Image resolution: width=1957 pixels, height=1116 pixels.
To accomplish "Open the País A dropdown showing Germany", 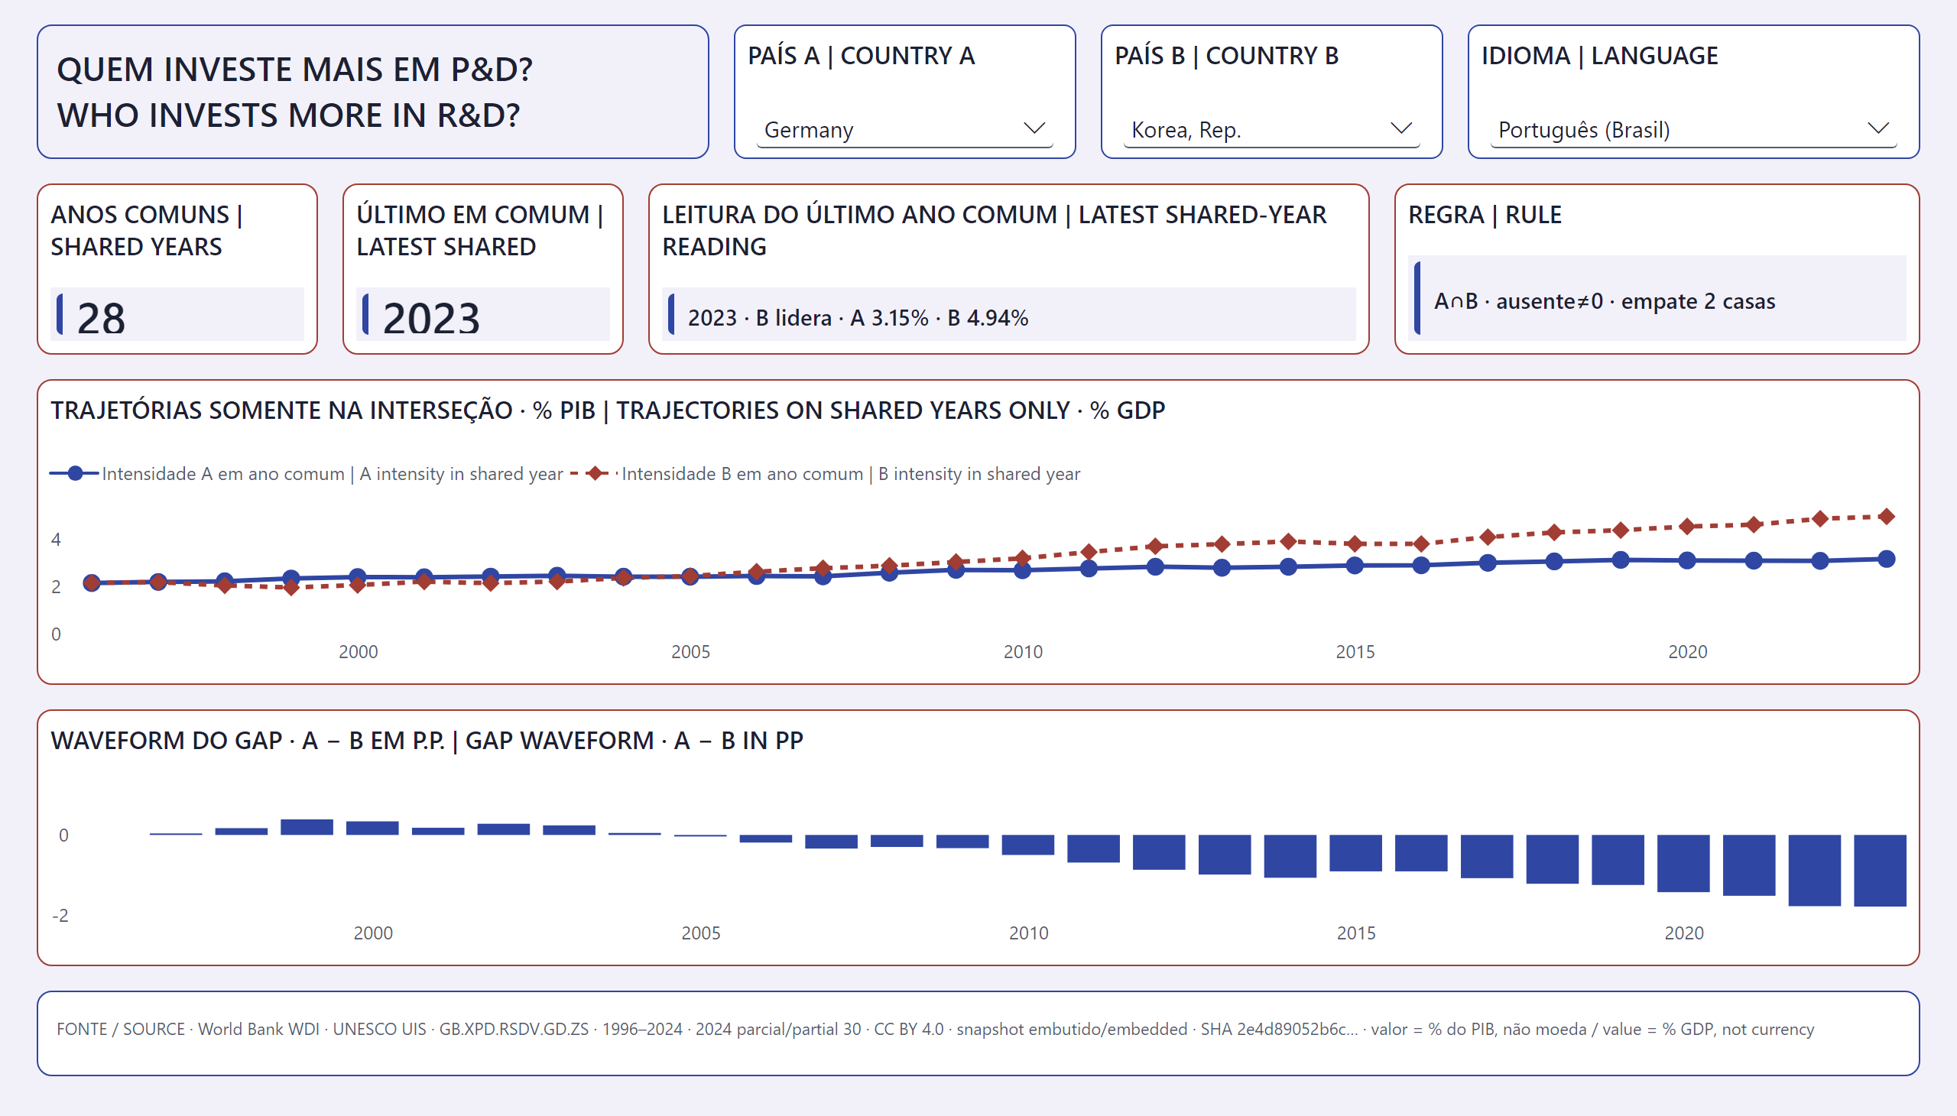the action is (904, 129).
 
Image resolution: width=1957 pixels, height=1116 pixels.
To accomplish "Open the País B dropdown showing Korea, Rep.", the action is (1271, 129).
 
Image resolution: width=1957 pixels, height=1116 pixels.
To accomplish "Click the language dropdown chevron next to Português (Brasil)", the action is (1878, 128).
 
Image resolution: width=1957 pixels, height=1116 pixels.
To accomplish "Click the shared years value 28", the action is (101, 317).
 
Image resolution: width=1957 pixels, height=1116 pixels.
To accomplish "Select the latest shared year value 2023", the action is (431, 317).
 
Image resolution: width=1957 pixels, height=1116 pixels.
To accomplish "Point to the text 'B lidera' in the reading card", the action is (794, 317).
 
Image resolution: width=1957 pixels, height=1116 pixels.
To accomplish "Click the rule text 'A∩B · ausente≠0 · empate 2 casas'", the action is (1605, 301).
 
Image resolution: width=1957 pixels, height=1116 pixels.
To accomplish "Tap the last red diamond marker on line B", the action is (1887, 517).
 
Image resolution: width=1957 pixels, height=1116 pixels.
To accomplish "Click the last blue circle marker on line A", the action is (1887, 559).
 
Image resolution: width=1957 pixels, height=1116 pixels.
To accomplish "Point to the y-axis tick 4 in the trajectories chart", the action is (56, 540).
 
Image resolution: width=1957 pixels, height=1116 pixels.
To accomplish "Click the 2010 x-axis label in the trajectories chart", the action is (1023, 651).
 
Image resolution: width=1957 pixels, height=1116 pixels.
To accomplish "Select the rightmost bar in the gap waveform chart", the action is (1880, 871).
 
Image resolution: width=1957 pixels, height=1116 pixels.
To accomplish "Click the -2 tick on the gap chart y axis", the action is (60, 915).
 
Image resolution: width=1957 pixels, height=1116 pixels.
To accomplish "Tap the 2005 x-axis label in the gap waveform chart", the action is (701, 933).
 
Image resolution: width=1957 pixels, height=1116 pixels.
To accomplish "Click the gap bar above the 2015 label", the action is (1355, 853).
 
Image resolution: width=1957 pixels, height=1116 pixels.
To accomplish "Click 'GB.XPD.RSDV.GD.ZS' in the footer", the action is (514, 1029).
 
